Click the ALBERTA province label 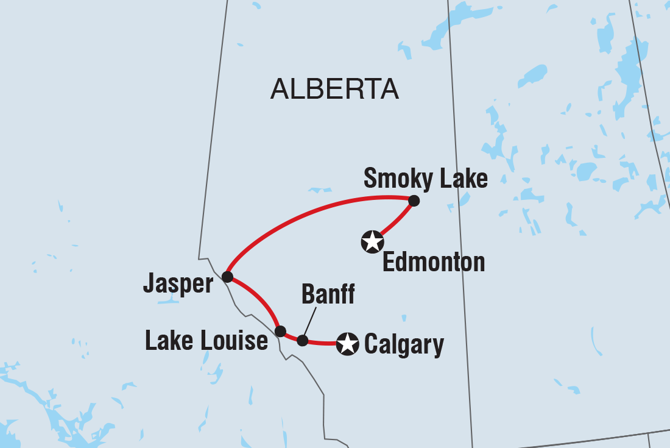pos(334,89)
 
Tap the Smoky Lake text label pos(425,179)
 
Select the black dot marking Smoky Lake pos(414,201)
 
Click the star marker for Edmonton pos(372,242)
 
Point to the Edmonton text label pos(434,263)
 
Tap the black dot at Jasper pos(227,277)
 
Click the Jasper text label pos(178,283)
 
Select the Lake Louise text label pos(206,341)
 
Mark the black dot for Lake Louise pos(280,332)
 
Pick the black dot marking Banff pos(303,341)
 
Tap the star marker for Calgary pos(348,344)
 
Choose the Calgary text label pos(404,344)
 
